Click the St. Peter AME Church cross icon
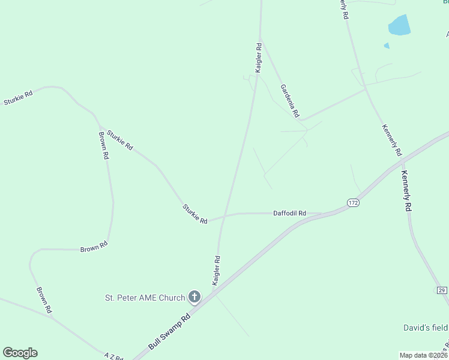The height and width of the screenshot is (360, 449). tap(194, 296)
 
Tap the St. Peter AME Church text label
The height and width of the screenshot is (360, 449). tap(146, 297)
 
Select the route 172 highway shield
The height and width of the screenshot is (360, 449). tap(353, 203)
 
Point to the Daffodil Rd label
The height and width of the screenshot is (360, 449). tap(290, 213)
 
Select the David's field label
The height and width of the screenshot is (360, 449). tap(425, 328)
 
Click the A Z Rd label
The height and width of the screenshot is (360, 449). tap(113, 355)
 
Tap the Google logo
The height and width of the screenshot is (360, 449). tap(20, 353)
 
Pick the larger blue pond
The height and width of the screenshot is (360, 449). tap(399, 25)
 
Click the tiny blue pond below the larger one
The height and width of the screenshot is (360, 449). tap(387, 46)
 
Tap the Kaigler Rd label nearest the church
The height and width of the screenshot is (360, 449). tap(216, 270)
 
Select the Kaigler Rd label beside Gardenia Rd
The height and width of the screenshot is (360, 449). tap(259, 58)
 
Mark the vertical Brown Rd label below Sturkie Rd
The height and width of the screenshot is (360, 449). tap(104, 145)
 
